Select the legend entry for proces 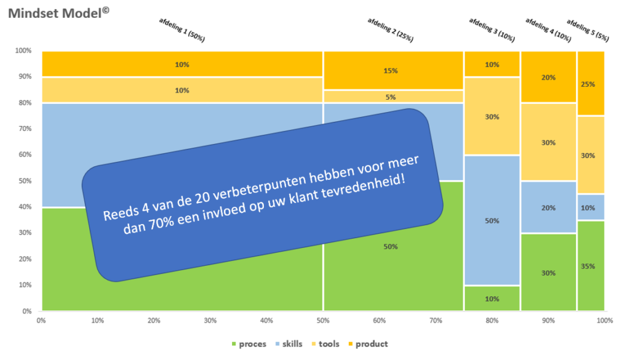click(x=249, y=344)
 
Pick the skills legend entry click(x=287, y=344)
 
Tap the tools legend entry click(x=327, y=344)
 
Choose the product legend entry click(x=369, y=344)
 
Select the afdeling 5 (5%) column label click(x=588, y=30)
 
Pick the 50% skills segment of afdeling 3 click(x=492, y=220)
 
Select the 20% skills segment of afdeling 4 click(x=549, y=207)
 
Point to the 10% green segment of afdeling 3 click(x=492, y=298)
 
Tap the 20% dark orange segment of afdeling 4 click(x=549, y=77)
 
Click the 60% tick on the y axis click(x=23, y=155)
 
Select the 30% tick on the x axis click(x=210, y=321)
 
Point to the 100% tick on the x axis click(x=604, y=321)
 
